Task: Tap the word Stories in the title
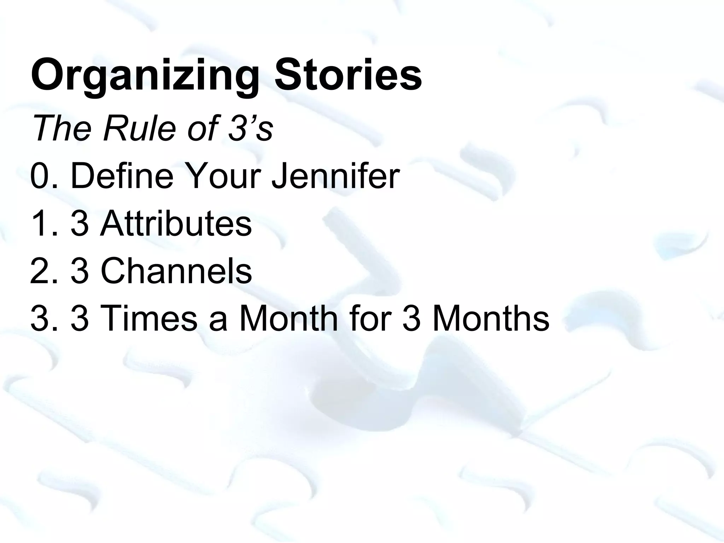tap(348, 75)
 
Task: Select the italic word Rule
tap(139, 128)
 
